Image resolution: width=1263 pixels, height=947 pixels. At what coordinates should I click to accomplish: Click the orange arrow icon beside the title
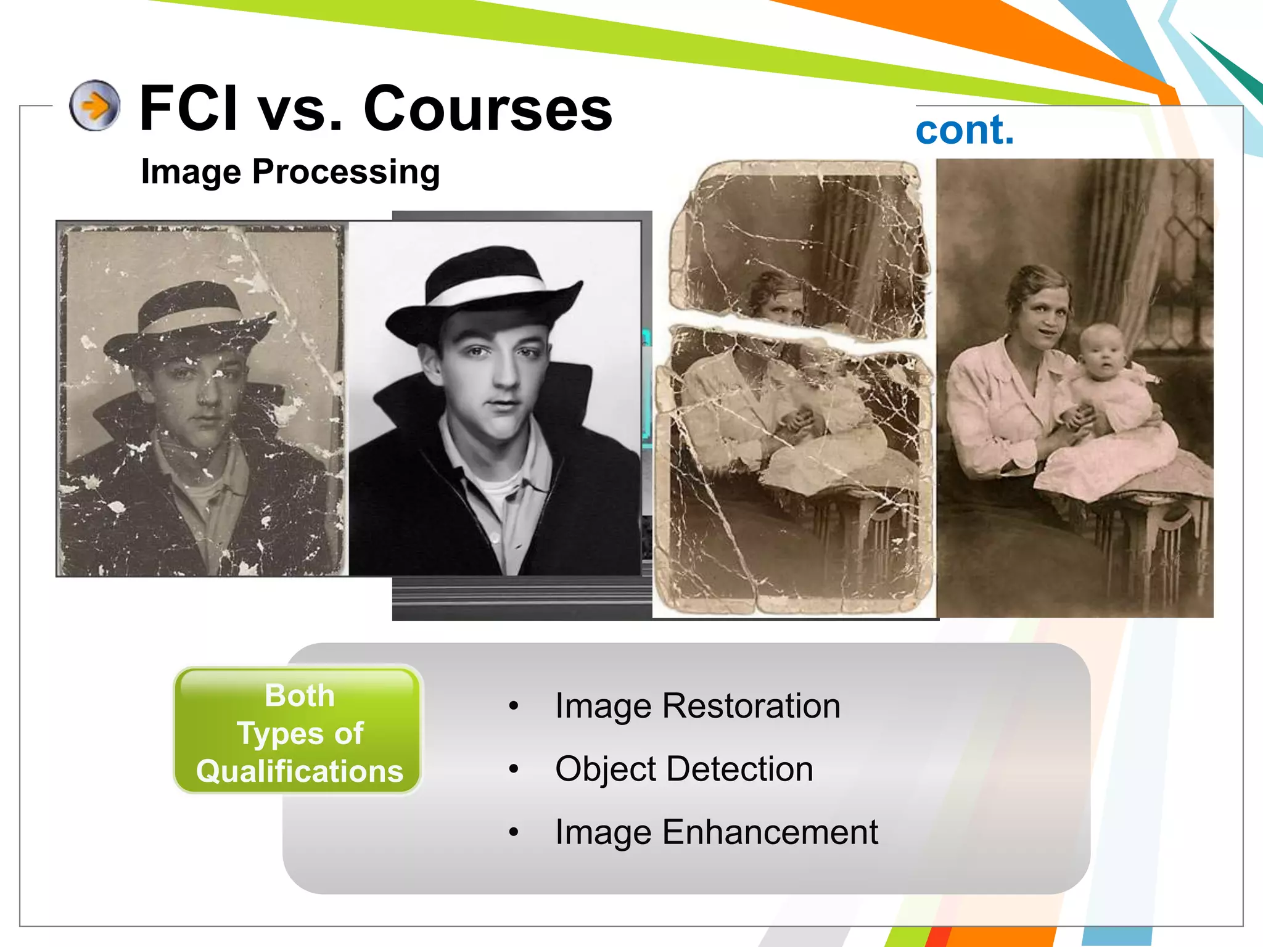coord(94,105)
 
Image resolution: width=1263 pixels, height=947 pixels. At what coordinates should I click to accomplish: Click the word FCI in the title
coord(189,109)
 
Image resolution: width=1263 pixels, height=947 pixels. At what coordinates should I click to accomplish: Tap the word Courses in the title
coord(488,109)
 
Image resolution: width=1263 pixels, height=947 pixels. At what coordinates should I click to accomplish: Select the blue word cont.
coord(965,130)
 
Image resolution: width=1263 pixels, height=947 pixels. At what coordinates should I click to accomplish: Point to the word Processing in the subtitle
coord(346,172)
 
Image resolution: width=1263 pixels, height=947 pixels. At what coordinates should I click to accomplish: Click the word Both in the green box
coord(300,695)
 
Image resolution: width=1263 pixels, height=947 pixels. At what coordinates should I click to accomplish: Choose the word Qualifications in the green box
coord(300,771)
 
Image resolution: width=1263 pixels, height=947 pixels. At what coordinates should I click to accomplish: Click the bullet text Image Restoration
coord(697,706)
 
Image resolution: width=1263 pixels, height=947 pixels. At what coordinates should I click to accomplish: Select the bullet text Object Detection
coord(684,769)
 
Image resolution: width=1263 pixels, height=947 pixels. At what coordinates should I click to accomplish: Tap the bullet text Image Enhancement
coord(716,832)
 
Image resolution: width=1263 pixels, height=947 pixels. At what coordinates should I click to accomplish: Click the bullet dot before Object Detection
coord(514,769)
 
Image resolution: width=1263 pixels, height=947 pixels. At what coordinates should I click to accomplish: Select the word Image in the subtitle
coord(191,172)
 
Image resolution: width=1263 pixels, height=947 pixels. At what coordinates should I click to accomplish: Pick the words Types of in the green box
coord(300,734)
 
